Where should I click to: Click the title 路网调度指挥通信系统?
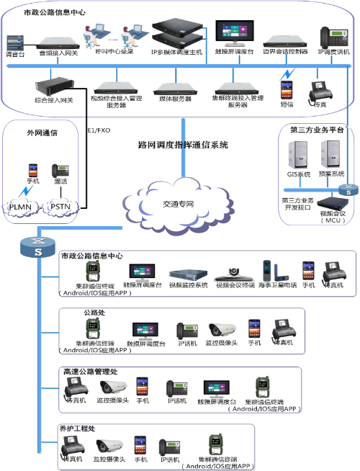(x=182, y=144)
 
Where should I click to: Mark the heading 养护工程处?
(x=78, y=429)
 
